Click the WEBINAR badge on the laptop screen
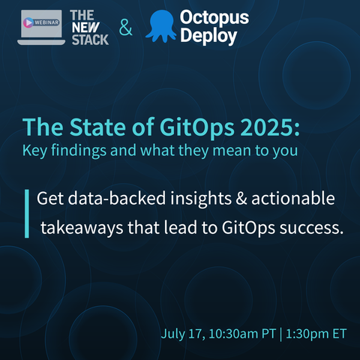(41, 22)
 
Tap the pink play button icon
(28, 22)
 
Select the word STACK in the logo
(90, 40)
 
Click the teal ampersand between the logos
(125, 27)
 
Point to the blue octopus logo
(161, 26)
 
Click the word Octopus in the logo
(214, 17)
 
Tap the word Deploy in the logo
(208, 37)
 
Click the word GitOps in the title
(197, 127)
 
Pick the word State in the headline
(97, 127)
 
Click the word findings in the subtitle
(79, 151)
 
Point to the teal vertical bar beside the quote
(27, 214)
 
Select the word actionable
(293, 198)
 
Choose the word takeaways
(82, 228)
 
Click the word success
(311, 228)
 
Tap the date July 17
(183, 334)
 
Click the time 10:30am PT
(242, 334)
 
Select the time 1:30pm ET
(316, 334)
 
